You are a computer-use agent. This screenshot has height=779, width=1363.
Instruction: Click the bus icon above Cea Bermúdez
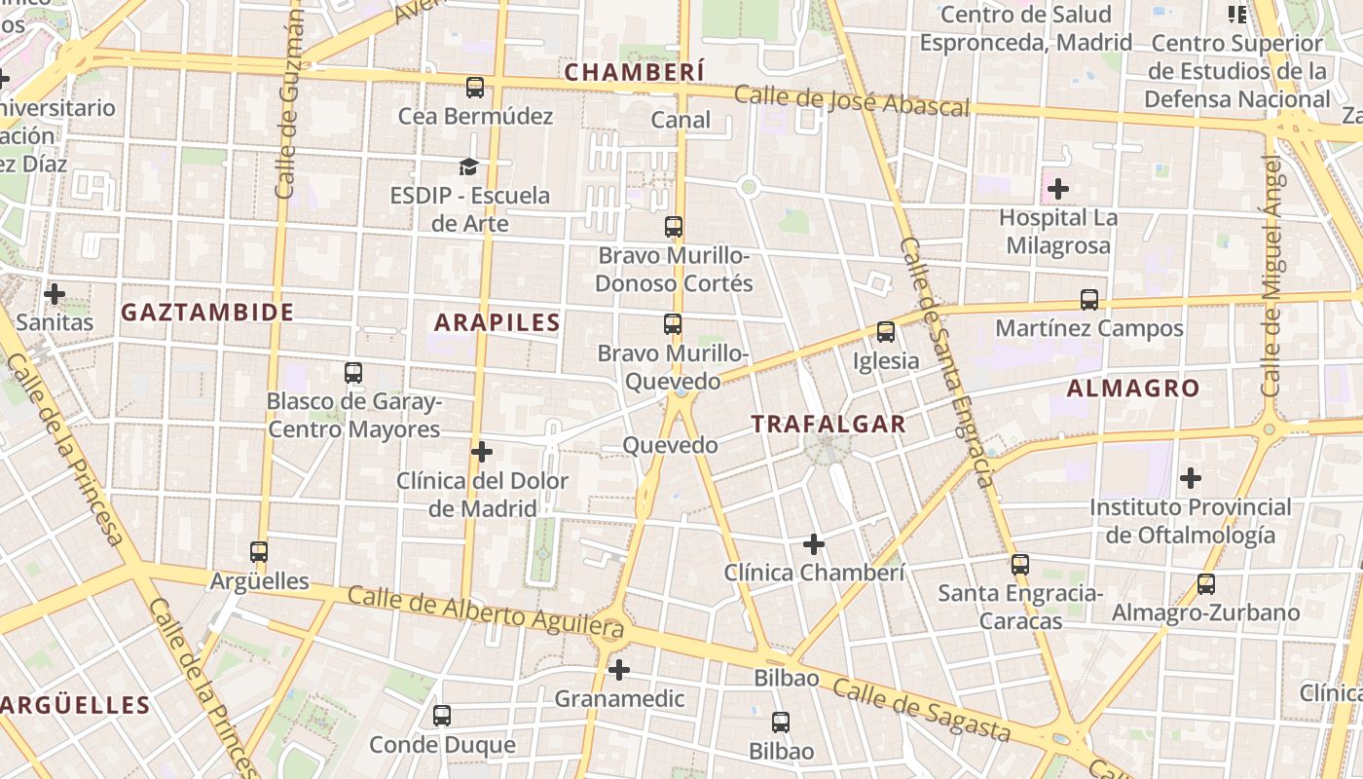475,88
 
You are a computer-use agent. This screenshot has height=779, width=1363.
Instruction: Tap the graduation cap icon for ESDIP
469,167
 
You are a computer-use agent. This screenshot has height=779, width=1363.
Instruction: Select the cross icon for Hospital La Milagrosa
1058,189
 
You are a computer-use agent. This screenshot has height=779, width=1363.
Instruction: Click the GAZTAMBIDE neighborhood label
207,313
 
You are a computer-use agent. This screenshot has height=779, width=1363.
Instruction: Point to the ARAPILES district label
497,323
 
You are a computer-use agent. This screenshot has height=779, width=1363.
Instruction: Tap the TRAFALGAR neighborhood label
829,425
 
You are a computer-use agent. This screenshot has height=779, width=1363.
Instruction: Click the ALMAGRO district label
1133,389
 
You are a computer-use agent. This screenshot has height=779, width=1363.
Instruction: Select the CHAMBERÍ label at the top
634,72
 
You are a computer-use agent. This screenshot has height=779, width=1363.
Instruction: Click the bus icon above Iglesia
886,332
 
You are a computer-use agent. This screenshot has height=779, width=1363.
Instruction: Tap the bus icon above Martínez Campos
1089,300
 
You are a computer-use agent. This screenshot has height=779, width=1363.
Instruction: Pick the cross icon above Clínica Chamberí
814,544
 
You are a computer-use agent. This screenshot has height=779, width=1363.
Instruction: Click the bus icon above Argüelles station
259,552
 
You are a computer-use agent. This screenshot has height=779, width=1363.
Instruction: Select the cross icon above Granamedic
619,670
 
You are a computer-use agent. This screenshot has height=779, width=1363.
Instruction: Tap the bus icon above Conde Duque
442,716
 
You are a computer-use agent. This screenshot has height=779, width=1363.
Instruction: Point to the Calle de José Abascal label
852,100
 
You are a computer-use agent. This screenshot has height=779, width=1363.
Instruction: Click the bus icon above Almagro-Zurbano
1206,584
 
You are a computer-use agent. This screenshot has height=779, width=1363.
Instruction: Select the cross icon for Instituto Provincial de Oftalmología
1190,478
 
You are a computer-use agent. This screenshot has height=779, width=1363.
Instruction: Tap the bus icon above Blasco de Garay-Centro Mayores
353,373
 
